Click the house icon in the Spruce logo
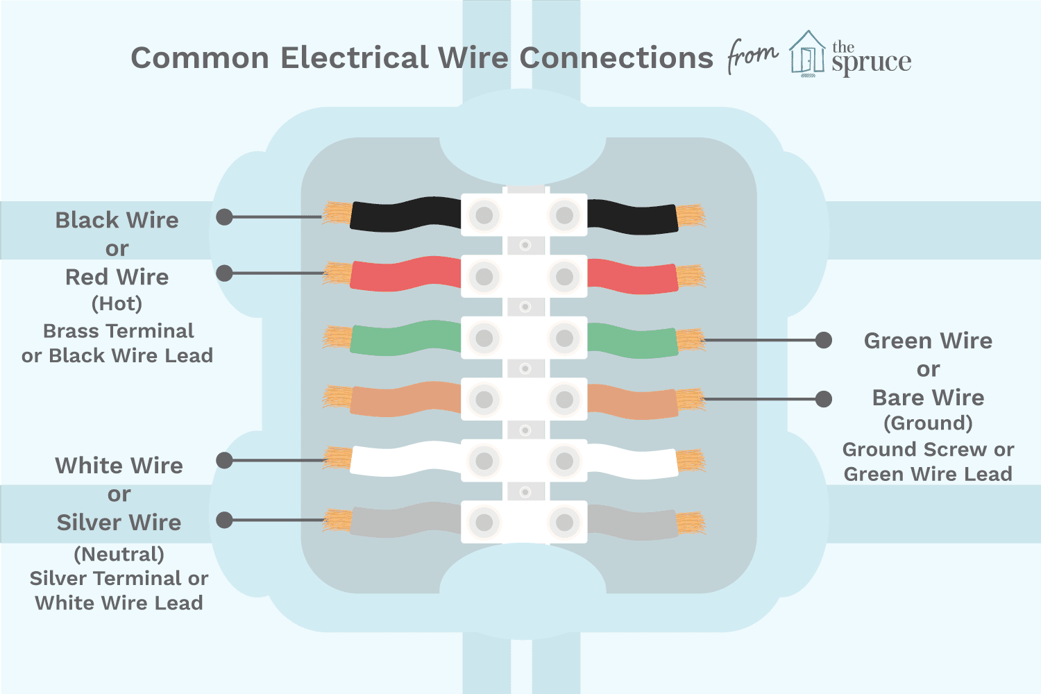point(808,53)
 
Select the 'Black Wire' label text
point(117,220)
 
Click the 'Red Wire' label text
point(117,277)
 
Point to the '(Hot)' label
point(117,304)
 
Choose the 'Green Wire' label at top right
point(928,341)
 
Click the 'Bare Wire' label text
point(928,398)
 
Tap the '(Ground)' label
point(928,423)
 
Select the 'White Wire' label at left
point(119,465)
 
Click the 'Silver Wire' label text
point(119,523)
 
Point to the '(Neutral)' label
point(119,555)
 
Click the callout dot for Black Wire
point(224,217)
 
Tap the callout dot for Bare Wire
point(824,399)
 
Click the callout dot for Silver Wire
point(224,520)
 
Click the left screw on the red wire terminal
point(484,277)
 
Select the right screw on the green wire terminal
point(565,338)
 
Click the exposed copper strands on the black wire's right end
point(691,216)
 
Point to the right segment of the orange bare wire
point(633,401)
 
